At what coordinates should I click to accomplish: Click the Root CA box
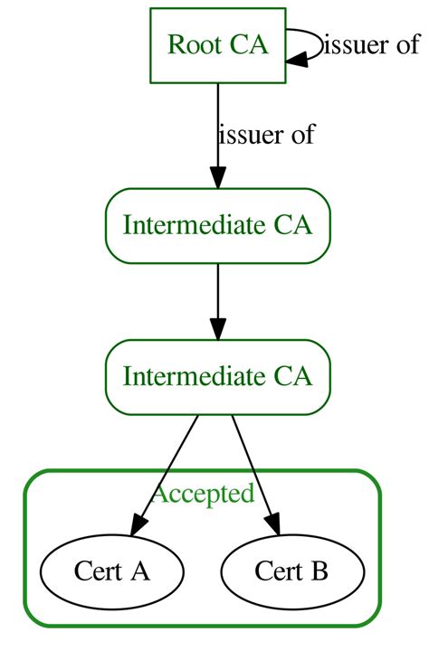coord(217,45)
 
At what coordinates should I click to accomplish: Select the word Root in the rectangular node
coord(188,45)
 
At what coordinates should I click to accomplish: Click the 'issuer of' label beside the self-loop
coord(371,45)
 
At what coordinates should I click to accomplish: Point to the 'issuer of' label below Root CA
coord(266,136)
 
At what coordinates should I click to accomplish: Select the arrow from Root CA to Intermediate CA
coord(217,127)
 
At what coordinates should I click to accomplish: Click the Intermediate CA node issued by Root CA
coord(217,225)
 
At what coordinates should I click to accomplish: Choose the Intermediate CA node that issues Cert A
coord(217,376)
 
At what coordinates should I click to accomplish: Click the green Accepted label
coord(203,494)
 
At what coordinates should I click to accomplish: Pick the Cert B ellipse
coord(292,571)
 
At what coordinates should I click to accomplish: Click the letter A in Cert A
coord(140,571)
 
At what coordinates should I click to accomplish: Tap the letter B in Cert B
coord(320,571)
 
